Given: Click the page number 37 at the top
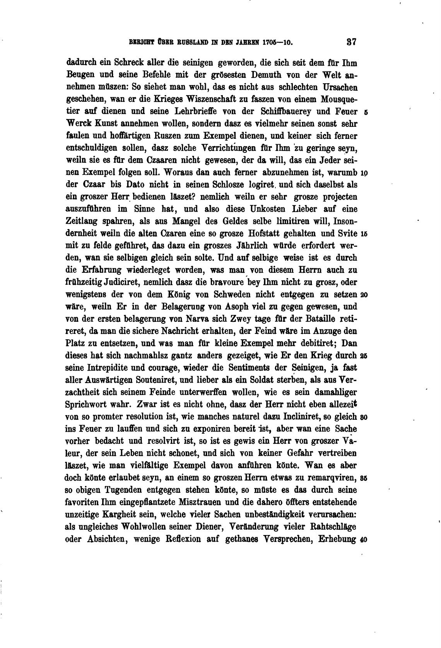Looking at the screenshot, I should coord(351,42).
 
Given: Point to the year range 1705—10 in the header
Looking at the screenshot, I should coord(277,43).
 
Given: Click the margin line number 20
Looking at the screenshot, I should coord(364,295).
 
